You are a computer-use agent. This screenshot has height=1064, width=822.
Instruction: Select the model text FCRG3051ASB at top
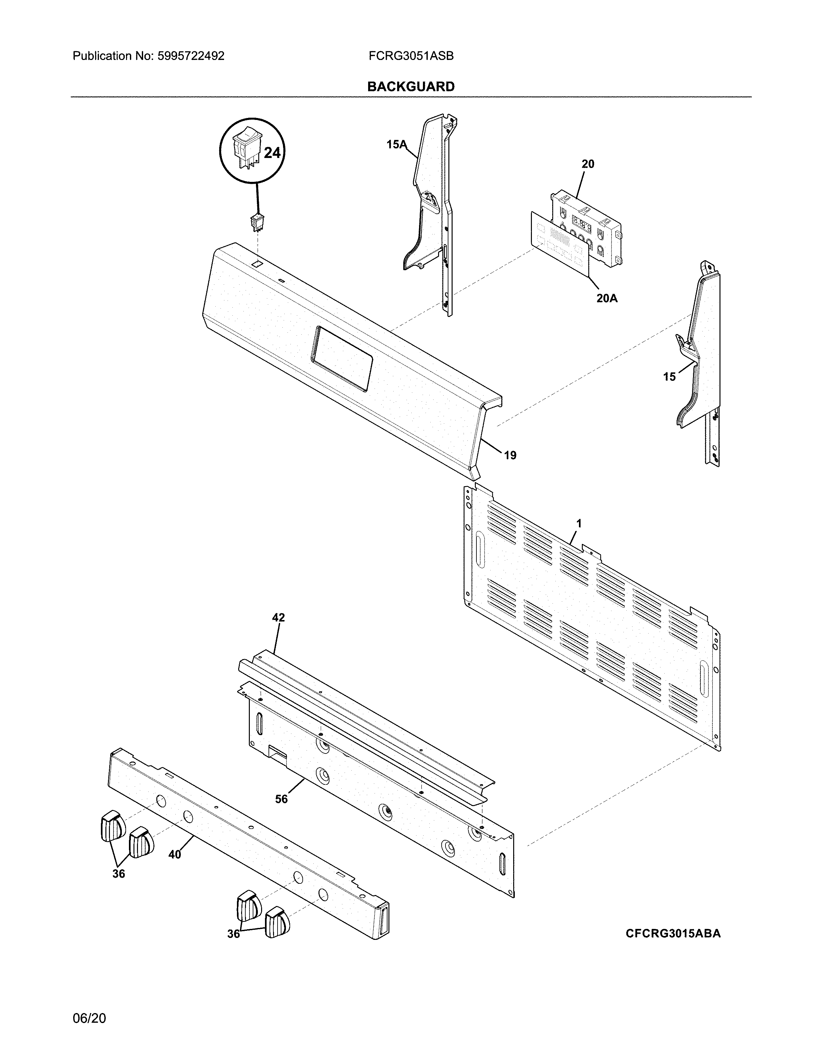click(x=411, y=56)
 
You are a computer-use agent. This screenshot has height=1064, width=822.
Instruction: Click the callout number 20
click(x=588, y=164)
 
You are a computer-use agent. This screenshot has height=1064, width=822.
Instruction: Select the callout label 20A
click(x=607, y=299)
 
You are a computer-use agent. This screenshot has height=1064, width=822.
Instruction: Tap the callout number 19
click(x=510, y=456)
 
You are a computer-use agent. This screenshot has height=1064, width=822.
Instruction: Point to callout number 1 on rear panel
click(x=579, y=523)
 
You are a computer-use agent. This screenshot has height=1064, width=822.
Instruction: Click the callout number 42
click(x=278, y=618)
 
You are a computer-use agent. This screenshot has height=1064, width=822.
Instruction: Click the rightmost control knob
click(x=277, y=922)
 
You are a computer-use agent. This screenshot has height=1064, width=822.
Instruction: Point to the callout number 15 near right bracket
click(x=669, y=377)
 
